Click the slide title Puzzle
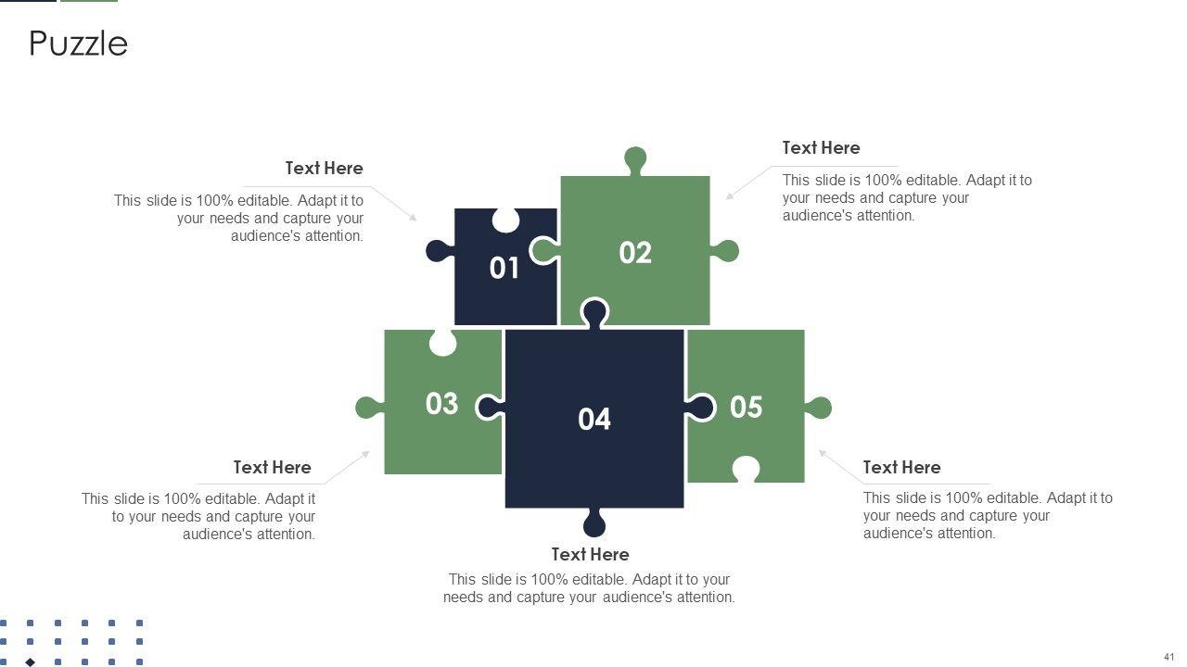point(78,44)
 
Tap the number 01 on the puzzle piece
point(504,268)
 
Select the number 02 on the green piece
point(635,253)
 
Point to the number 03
point(441,403)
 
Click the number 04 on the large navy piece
point(594,420)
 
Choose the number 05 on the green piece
point(747,407)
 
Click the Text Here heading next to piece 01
point(324,169)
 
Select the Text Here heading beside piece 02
point(821,147)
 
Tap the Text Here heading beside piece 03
point(272,468)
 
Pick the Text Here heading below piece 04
point(590,554)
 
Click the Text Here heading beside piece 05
point(901,468)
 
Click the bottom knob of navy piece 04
point(594,523)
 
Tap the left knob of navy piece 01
point(440,251)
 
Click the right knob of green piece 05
point(819,408)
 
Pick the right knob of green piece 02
point(725,251)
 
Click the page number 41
point(1169,657)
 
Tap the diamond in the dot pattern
point(31,662)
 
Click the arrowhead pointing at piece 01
point(414,217)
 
